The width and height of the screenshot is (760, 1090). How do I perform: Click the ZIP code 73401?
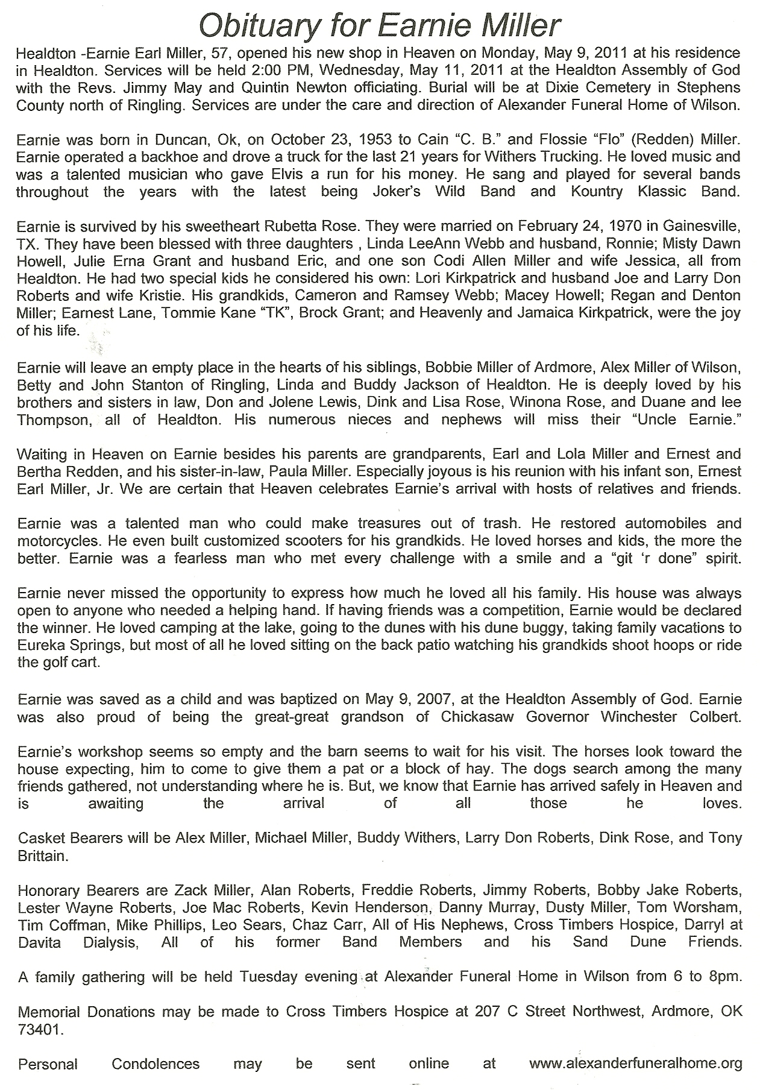[x=39, y=1030]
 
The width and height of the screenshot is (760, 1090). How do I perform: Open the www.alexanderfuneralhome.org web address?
[x=635, y=1064]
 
